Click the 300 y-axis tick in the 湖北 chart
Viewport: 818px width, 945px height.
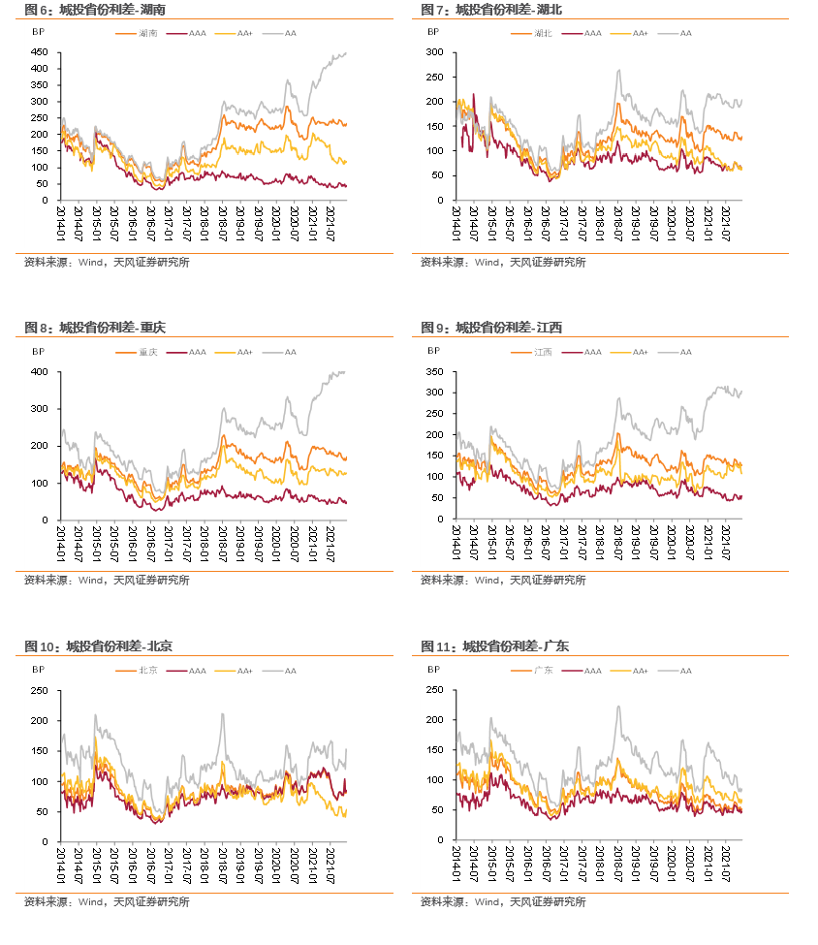[x=437, y=51]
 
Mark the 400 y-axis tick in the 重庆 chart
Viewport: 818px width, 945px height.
[x=41, y=371]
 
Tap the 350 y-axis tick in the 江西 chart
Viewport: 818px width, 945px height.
[x=437, y=371]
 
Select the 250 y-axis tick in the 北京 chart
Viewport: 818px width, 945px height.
[x=41, y=690]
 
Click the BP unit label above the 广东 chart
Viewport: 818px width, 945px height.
[x=433, y=671]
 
